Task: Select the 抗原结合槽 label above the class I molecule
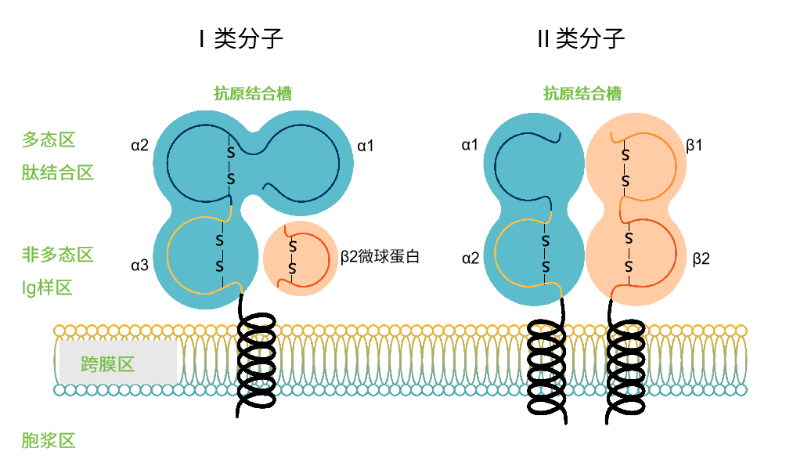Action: (253, 94)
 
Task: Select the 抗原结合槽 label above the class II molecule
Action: (582, 94)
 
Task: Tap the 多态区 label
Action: (49, 140)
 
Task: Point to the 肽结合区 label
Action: (58, 172)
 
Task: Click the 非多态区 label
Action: (58, 255)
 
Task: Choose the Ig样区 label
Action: (47, 287)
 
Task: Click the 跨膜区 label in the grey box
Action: (108, 364)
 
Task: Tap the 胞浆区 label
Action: (49, 440)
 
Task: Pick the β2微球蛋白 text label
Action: (380, 257)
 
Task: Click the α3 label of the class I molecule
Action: (139, 265)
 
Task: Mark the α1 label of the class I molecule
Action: (366, 145)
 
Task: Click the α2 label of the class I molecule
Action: (139, 145)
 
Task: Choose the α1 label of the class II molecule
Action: (470, 145)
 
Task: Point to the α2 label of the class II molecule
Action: (470, 258)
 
